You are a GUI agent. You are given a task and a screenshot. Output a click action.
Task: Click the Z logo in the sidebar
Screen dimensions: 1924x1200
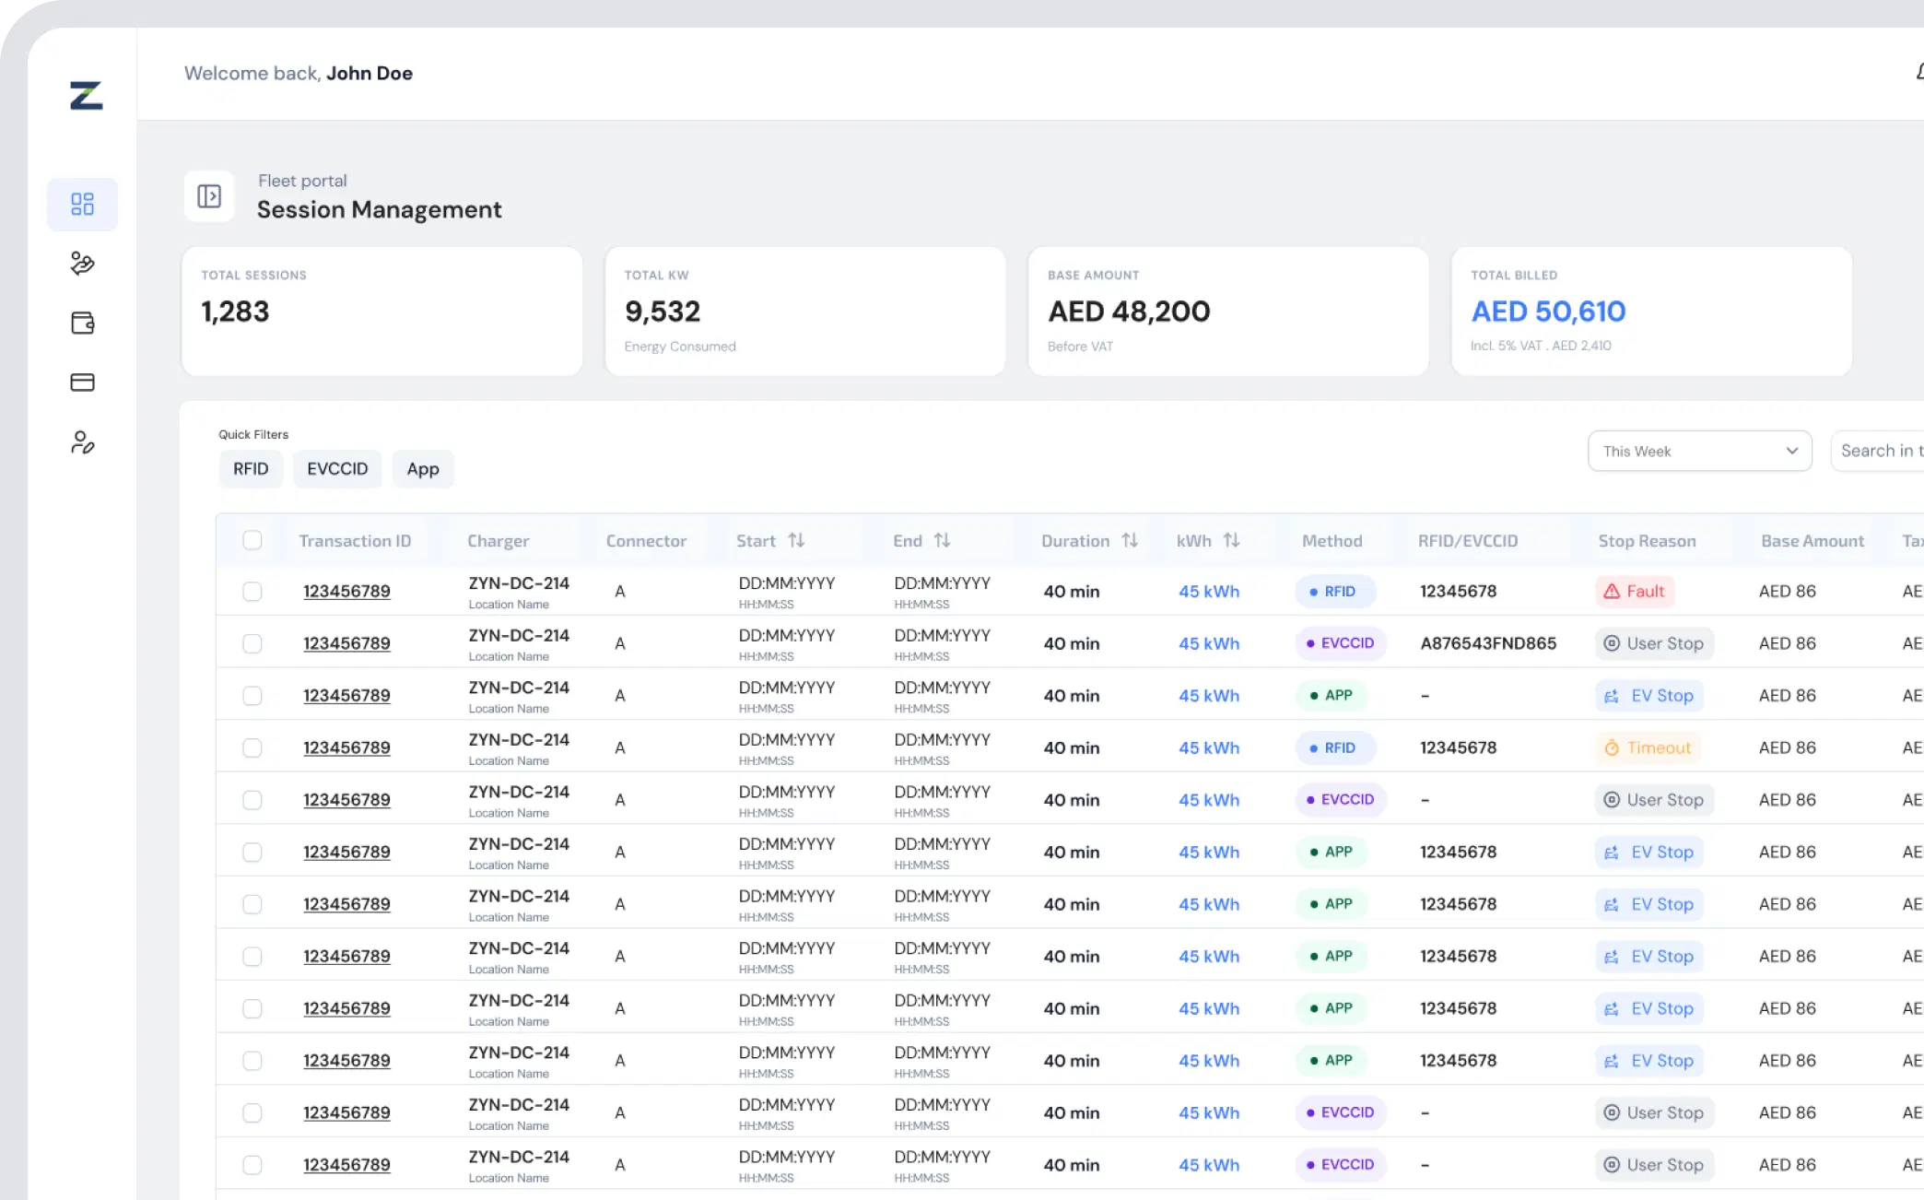coord(86,95)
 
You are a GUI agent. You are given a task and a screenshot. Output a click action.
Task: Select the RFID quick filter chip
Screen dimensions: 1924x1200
coord(251,469)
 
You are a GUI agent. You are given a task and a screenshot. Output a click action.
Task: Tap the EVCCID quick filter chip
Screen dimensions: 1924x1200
coord(337,469)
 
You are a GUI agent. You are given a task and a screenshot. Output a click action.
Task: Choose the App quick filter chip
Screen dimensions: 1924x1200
coord(423,469)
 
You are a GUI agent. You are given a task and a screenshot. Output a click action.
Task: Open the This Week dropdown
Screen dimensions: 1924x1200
coord(1700,451)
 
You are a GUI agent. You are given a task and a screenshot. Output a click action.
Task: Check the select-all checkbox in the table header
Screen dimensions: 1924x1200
coord(252,540)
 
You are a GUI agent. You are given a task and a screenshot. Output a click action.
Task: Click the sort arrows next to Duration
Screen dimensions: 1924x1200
coord(1130,540)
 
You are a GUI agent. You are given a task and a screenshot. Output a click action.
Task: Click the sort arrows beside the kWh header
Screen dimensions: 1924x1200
coord(1231,540)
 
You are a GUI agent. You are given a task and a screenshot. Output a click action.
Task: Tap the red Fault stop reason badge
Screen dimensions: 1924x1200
coord(1635,591)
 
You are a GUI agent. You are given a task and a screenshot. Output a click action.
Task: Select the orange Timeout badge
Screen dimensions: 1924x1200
coord(1648,747)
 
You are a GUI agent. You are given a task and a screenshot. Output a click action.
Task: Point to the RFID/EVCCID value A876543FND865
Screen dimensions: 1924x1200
coord(1488,643)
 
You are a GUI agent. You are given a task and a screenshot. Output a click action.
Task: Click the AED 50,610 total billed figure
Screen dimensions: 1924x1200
coord(1548,312)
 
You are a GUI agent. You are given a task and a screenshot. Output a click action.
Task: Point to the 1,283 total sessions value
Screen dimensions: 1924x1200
coord(235,312)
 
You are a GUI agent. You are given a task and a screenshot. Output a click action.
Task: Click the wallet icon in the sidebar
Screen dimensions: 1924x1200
coord(83,323)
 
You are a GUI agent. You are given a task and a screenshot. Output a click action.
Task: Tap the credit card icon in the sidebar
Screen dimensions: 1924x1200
coord(83,382)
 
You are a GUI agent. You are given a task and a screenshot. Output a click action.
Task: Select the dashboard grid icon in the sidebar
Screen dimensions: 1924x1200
coord(83,204)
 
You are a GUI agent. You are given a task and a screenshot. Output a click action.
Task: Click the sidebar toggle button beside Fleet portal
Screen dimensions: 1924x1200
coord(209,196)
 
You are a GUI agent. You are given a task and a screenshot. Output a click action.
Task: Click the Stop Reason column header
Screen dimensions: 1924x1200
coord(1647,541)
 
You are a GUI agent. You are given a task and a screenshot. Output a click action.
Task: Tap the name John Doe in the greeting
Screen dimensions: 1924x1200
coord(370,73)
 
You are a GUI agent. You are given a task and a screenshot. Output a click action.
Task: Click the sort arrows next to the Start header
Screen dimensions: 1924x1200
coord(796,540)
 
